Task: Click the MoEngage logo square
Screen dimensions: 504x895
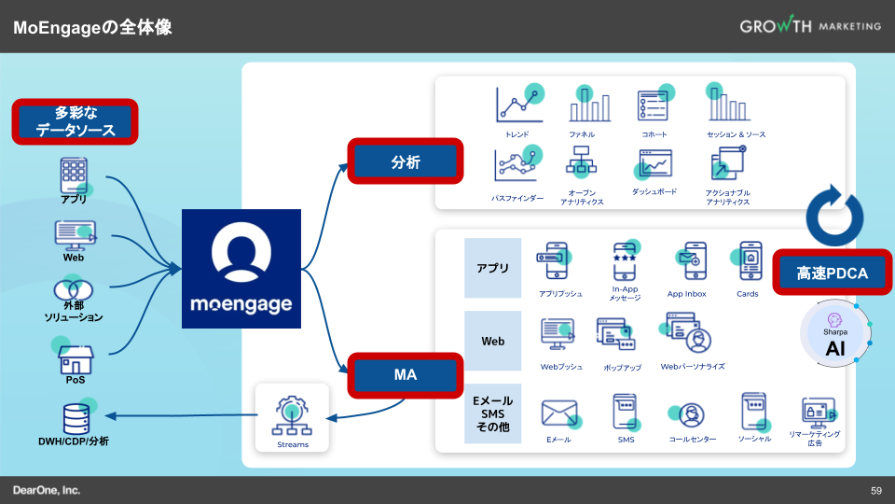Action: (x=241, y=269)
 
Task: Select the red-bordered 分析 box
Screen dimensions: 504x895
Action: (x=406, y=162)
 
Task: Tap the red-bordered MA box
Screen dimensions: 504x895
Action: (x=406, y=375)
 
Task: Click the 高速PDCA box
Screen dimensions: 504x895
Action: (x=833, y=273)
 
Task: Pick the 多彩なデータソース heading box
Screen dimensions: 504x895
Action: (x=76, y=122)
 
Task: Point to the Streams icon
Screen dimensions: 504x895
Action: (x=293, y=415)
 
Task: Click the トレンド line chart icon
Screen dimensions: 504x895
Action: (x=517, y=105)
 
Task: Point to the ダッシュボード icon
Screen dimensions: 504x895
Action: (x=654, y=166)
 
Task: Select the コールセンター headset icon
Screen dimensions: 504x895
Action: (x=691, y=413)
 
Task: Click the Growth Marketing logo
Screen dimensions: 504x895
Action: (x=810, y=26)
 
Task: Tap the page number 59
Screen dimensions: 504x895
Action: (x=876, y=491)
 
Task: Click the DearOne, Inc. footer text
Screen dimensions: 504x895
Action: (x=47, y=490)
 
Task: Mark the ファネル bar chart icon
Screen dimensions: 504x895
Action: (x=588, y=106)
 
